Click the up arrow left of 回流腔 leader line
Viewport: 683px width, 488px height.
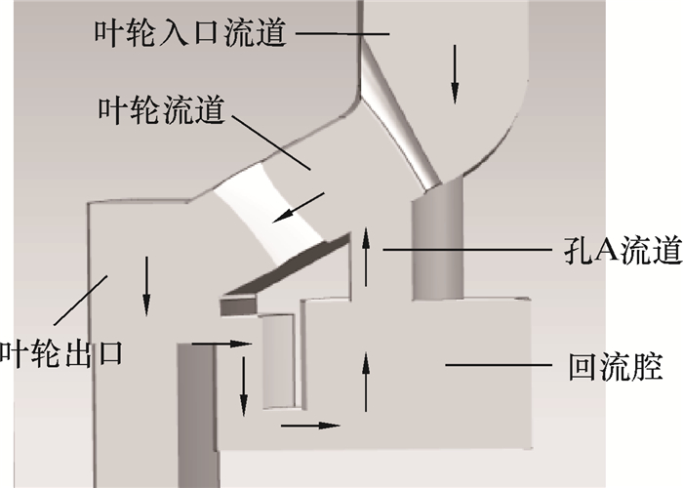(367, 383)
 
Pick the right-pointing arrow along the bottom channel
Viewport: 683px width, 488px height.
(311, 426)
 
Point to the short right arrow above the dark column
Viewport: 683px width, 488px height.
(216, 344)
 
